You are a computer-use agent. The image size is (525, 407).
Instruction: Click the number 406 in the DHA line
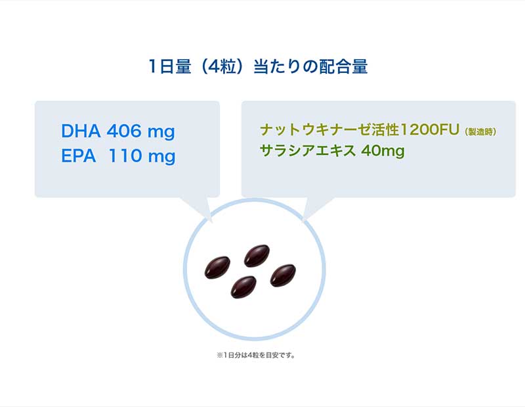click(x=124, y=131)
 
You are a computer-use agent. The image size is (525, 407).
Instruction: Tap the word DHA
click(x=81, y=131)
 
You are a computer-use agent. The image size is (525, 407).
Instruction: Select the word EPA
click(x=78, y=156)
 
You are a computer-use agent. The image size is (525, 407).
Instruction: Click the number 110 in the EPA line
click(x=125, y=156)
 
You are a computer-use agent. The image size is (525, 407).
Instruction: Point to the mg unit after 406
click(x=161, y=132)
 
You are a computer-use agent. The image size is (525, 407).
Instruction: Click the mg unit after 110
click(x=161, y=157)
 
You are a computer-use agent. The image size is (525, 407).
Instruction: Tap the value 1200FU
click(x=430, y=130)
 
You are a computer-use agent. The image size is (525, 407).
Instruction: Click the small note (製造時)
click(x=480, y=132)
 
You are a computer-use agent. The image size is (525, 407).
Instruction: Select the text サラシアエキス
click(x=308, y=151)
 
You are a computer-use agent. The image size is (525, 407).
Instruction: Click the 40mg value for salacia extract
click(x=383, y=151)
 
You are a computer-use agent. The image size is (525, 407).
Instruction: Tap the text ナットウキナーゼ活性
click(x=330, y=130)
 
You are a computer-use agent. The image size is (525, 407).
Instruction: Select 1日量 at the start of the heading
click(x=169, y=66)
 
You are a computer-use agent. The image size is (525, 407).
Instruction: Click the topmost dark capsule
click(x=257, y=256)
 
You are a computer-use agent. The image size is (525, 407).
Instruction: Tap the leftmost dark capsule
click(x=217, y=268)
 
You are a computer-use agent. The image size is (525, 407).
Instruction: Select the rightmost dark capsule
click(x=283, y=275)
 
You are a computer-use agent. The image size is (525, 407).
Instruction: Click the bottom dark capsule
click(x=243, y=287)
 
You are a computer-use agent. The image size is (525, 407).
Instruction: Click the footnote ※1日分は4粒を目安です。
click(x=256, y=355)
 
